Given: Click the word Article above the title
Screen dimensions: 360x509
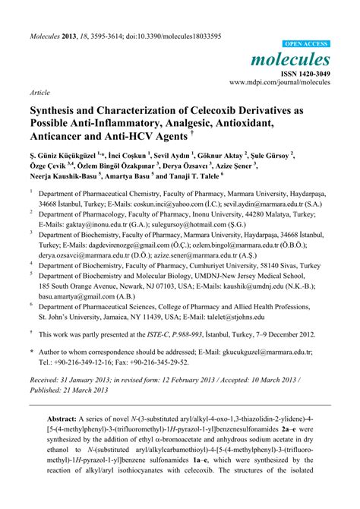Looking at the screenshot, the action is [x=40, y=92].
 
